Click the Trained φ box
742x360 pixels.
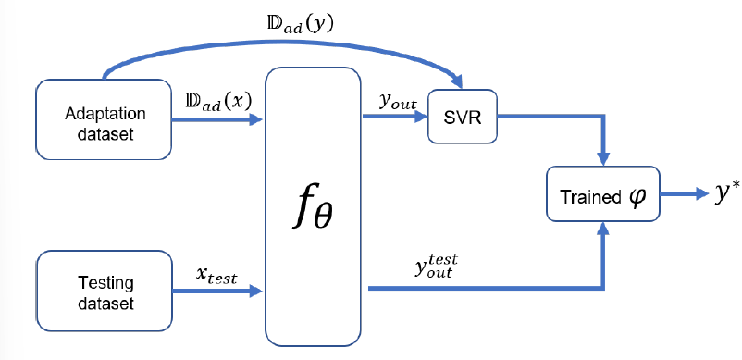[x=603, y=195]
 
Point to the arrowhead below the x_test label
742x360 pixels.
[x=257, y=291]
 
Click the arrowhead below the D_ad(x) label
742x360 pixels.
[x=257, y=119]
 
